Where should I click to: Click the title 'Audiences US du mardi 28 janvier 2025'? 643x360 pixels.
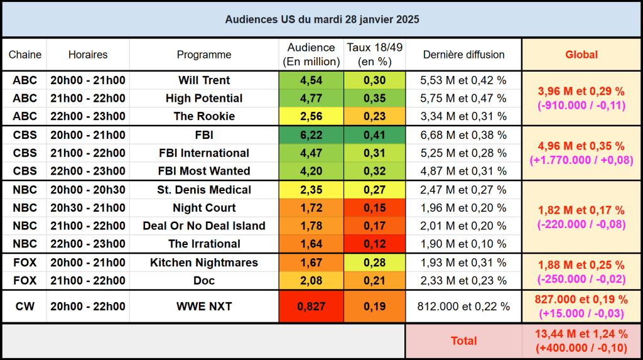[x=321, y=19]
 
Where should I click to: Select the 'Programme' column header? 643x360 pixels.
[x=204, y=55]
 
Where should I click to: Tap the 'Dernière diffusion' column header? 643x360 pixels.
[x=463, y=55]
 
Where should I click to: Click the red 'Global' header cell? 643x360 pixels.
[x=581, y=55]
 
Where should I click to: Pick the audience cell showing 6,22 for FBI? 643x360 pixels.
[x=311, y=135]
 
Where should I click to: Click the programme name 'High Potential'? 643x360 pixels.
[x=204, y=99]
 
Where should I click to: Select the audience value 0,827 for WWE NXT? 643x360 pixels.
[x=311, y=307]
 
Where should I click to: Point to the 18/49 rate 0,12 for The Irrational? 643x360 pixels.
[x=374, y=244]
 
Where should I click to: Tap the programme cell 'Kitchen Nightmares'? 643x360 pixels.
[x=204, y=263]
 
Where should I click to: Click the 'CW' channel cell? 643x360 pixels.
[x=24, y=307]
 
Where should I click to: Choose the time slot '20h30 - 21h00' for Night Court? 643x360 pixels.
[x=88, y=208]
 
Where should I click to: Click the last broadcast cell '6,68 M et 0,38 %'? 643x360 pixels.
[x=463, y=135]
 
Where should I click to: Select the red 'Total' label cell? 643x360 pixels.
[x=463, y=341]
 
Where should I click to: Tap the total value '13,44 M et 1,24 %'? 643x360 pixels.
[x=581, y=334]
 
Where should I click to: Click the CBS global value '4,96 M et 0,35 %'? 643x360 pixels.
[x=581, y=146]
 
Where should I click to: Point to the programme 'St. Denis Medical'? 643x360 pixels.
[x=204, y=190]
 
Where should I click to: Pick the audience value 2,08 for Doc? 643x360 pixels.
[x=311, y=281]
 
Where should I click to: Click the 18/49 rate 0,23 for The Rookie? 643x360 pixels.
[x=374, y=116]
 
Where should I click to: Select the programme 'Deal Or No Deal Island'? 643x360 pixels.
[x=204, y=226]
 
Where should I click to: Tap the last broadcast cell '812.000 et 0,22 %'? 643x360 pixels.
[x=463, y=307]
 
